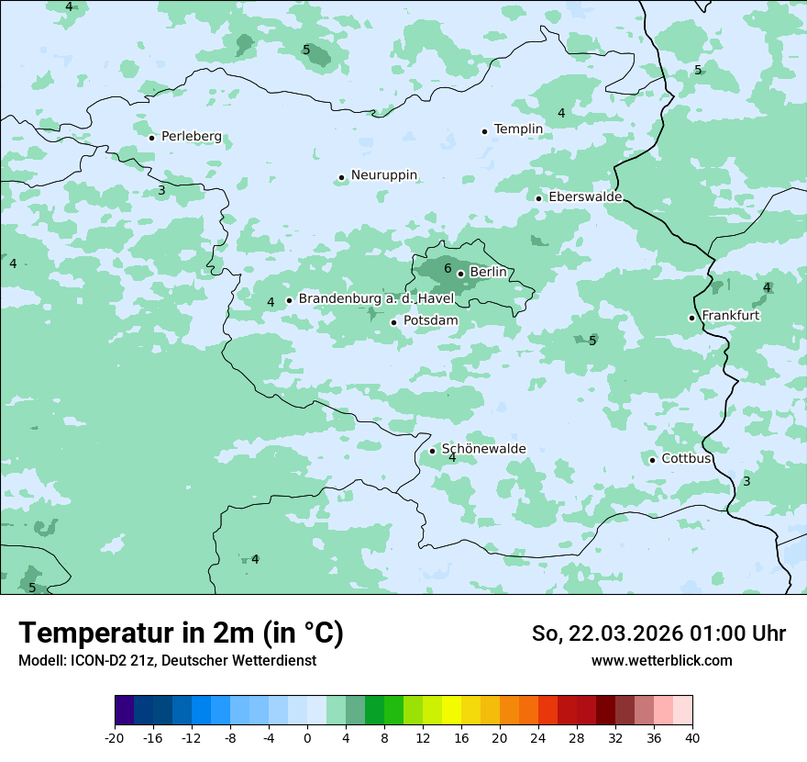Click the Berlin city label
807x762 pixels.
488,273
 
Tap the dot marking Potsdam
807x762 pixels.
393,322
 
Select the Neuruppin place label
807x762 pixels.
384,174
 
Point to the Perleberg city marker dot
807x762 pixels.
151,138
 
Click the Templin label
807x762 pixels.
518,129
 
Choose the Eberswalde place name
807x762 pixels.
585,197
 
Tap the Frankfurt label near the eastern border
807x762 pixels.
730,316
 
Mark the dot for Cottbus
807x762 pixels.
652,460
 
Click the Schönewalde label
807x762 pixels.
483,449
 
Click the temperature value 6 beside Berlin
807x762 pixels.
448,269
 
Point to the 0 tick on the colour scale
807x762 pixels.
307,737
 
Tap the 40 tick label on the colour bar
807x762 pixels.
691,737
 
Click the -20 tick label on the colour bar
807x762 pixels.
114,737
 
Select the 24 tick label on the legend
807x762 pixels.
538,737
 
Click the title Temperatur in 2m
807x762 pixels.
181,633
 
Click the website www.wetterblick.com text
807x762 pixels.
661,660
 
